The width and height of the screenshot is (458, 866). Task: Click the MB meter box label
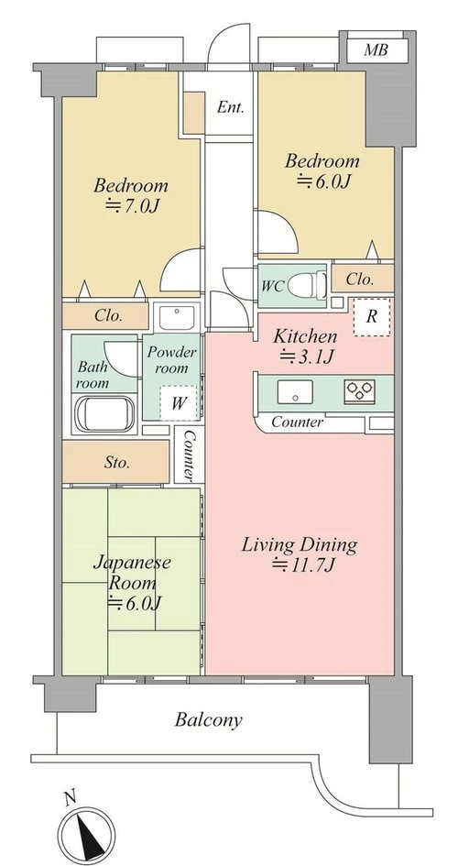point(376,50)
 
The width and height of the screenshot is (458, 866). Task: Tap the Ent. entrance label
point(230,107)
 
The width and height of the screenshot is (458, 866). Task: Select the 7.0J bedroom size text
point(133,206)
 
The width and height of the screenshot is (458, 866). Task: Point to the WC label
point(273,286)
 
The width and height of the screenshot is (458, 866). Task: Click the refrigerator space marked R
point(372,316)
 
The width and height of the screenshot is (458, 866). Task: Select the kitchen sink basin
point(295,391)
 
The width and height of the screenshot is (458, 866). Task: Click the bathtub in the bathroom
point(104,413)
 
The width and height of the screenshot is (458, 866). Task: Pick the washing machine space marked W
point(178,402)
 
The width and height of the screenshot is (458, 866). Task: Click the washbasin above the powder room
point(177,317)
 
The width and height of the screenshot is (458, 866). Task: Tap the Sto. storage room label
point(117,462)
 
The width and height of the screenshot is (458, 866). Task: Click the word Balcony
point(208,720)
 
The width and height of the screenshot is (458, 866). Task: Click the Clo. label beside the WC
point(360,280)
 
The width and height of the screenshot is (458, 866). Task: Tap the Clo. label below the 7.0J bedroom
point(108,316)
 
